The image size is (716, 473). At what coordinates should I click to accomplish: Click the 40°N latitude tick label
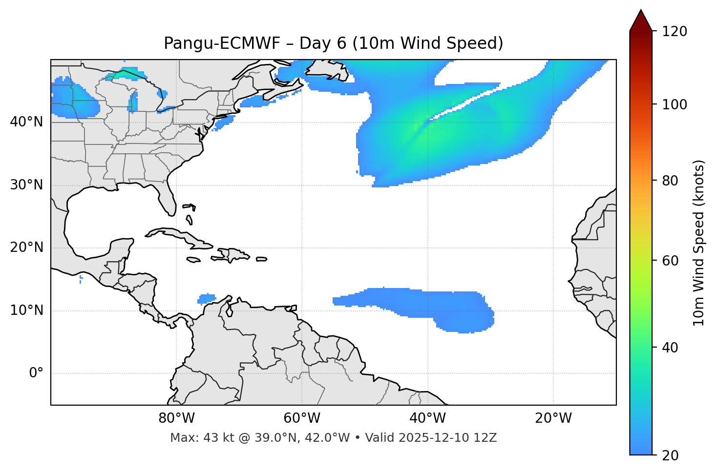(26, 122)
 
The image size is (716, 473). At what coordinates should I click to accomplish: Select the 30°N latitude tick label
(26, 185)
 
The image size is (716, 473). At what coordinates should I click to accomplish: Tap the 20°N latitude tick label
(26, 247)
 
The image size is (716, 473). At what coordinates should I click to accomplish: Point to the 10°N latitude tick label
(26, 310)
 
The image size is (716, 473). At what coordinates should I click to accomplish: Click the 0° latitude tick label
(36, 373)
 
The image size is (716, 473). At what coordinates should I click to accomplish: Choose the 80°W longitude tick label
(176, 418)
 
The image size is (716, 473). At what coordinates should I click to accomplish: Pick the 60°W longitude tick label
(302, 418)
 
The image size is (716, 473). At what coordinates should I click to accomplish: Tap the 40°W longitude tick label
(428, 418)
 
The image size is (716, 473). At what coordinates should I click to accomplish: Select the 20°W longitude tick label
(553, 418)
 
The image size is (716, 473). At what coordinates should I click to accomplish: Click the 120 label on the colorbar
(675, 32)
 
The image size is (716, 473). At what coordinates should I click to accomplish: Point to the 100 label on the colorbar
(675, 104)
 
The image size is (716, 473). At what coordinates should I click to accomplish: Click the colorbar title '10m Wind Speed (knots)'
(699, 243)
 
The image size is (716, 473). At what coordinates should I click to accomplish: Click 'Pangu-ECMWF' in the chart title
(222, 43)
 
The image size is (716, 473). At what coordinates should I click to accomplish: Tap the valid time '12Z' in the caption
(486, 438)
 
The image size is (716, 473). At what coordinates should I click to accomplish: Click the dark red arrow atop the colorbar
(641, 21)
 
